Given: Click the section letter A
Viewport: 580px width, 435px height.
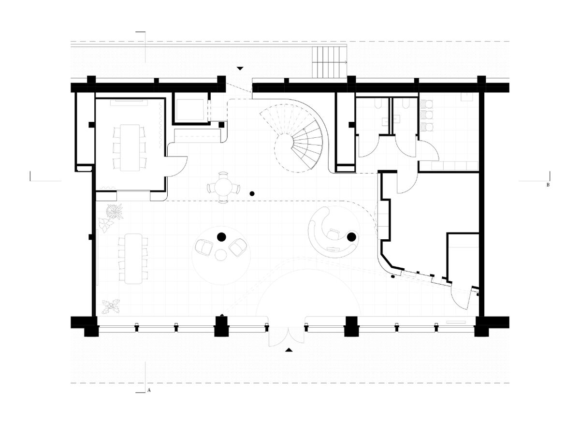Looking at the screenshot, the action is click(149, 390).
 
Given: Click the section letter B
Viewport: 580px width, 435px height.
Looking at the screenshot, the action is click(548, 185).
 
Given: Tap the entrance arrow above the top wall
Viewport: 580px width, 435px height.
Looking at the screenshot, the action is click(240, 69).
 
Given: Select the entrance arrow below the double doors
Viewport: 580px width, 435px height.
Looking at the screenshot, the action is click(289, 350).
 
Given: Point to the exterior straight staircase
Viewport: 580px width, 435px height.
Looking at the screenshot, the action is click(329, 62).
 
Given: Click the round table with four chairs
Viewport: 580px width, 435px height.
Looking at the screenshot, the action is click(223, 187).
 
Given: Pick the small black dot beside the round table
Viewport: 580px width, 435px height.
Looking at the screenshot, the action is click(252, 194).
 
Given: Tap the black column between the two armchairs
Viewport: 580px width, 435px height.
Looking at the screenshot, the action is click(221, 237).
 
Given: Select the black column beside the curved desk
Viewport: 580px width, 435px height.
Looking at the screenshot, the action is click(351, 237).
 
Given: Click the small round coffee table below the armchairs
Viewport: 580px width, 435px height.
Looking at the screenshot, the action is click(220, 255).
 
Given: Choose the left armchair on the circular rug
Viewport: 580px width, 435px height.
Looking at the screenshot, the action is click(203, 247).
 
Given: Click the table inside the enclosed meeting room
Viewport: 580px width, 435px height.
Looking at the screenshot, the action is click(130, 148).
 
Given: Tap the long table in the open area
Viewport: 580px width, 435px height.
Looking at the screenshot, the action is click(133, 259).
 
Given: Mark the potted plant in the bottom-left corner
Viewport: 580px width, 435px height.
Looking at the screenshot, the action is click(111, 307).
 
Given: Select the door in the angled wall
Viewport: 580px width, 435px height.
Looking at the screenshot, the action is click(461, 298).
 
